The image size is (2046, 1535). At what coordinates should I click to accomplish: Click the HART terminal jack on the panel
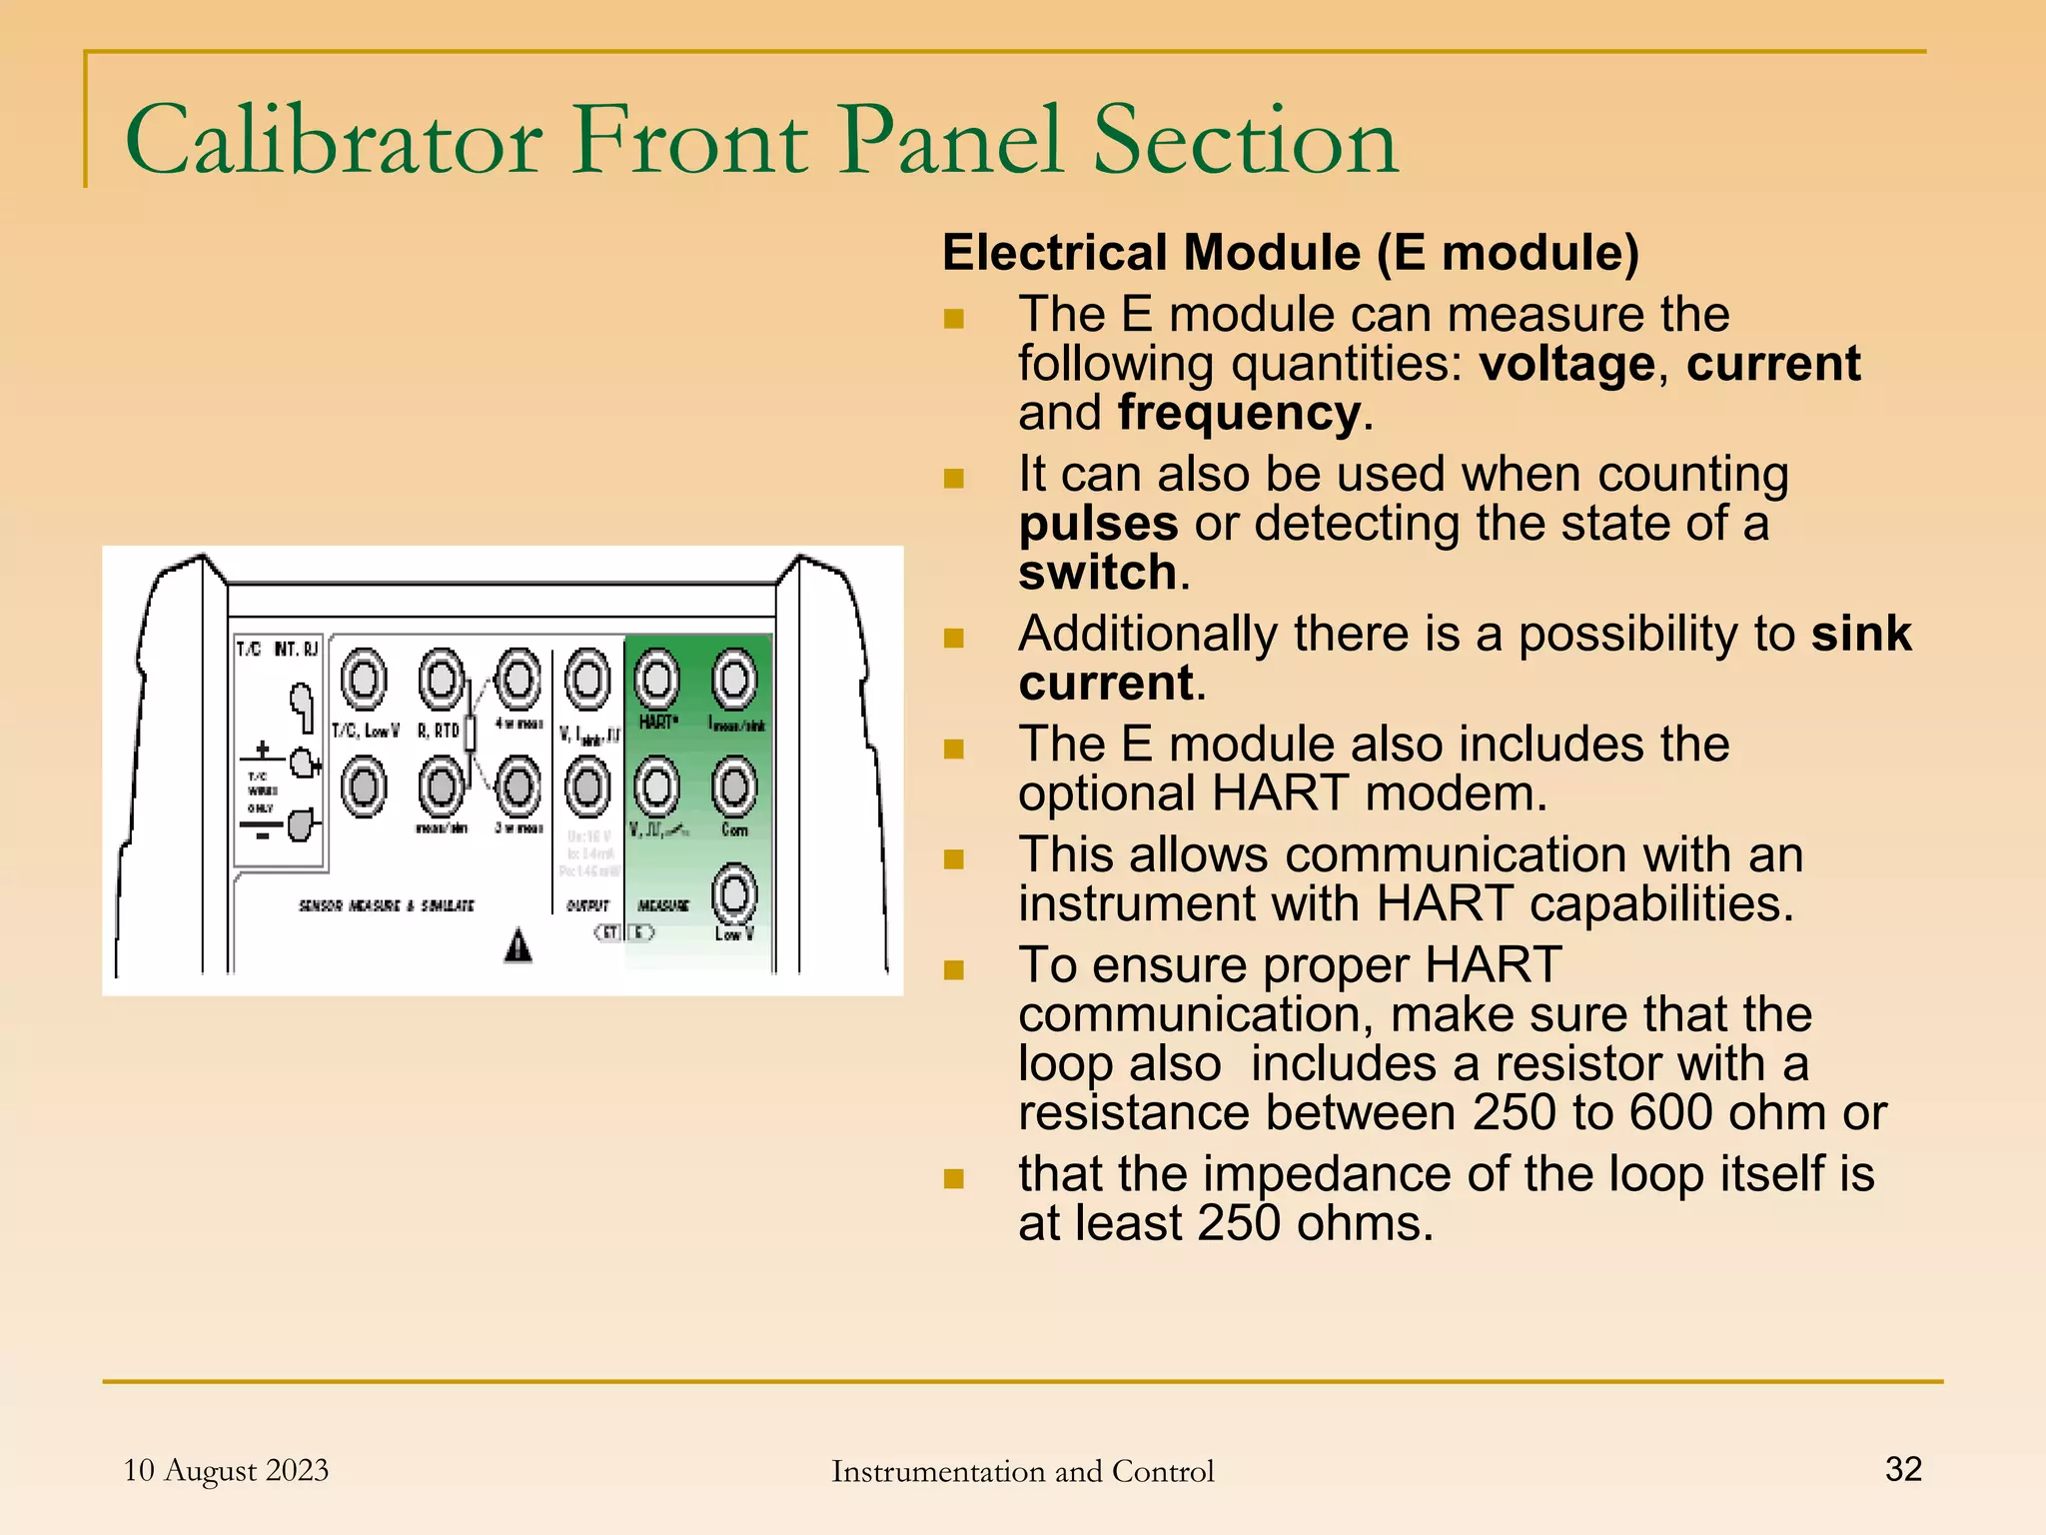(657, 680)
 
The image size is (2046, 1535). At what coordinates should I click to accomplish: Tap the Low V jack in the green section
(734, 893)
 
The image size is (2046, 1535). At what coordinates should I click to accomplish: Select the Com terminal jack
(734, 786)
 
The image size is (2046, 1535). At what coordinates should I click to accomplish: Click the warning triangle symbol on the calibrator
(517, 945)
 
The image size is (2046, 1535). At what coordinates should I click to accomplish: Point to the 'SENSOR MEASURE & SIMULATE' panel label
(387, 905)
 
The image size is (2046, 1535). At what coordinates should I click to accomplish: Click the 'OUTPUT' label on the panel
(587, 905)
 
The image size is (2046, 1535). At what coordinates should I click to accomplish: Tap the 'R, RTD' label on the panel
(439, 731)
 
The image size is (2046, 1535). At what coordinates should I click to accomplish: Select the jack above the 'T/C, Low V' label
(364, 680)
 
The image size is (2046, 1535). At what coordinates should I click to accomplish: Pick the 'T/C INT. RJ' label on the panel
(277, 650)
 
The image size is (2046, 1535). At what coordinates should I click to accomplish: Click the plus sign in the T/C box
(262, 750)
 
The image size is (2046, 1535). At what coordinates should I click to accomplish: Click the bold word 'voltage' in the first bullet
(1567, 364)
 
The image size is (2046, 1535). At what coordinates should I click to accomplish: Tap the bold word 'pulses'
(1098, 524)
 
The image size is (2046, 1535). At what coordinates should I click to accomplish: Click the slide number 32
(1903, 1469)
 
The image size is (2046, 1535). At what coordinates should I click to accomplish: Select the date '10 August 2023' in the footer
(226, 1470)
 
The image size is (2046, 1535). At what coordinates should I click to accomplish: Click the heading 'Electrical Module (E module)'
(1291, 252)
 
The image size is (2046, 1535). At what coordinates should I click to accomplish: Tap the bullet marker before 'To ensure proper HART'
(954, 969)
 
